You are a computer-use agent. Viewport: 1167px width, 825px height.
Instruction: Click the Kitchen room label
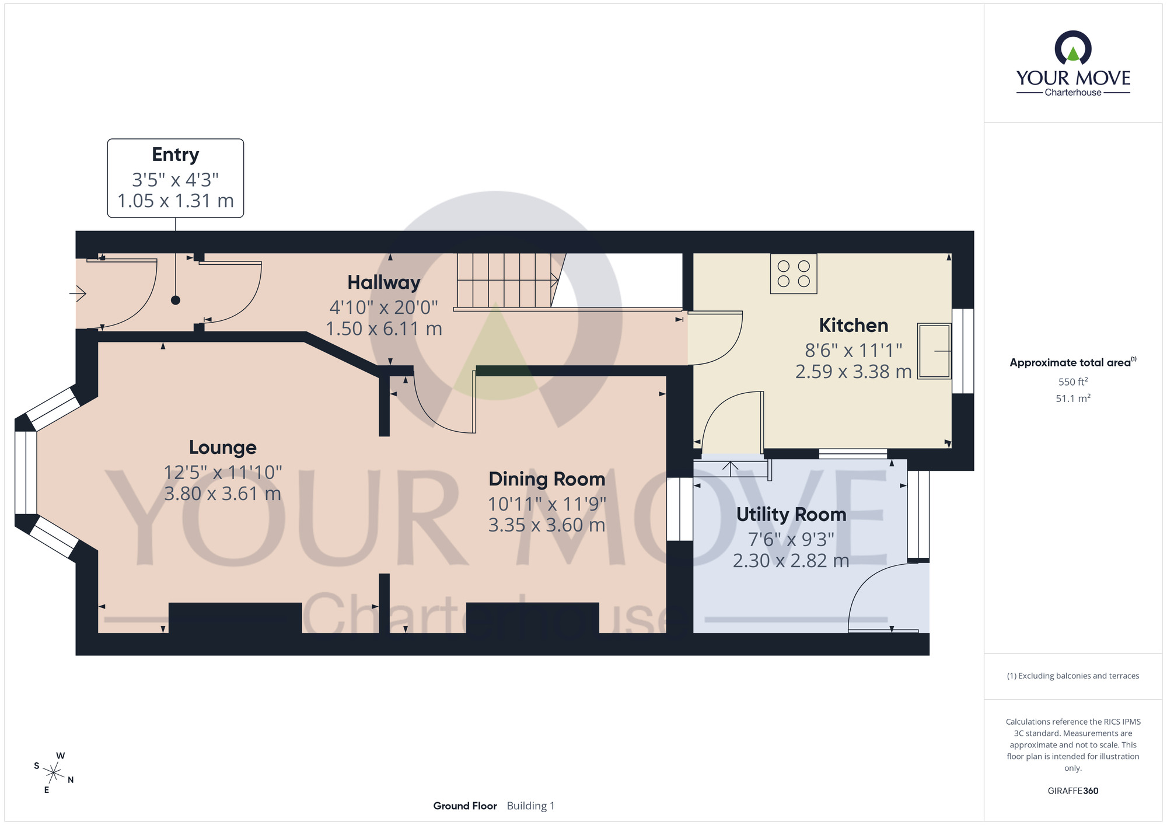(853, 325)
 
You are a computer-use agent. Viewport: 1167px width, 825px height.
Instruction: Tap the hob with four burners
(794, 274)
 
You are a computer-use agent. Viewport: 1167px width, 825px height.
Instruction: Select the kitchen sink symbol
(934, 351)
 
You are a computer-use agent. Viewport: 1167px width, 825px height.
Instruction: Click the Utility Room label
(791, 515)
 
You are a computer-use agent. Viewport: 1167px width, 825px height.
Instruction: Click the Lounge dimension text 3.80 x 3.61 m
(222, 494)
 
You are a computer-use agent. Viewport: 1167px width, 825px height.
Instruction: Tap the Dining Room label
(547, 479)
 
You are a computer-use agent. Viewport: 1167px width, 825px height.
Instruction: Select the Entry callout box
(175, 178)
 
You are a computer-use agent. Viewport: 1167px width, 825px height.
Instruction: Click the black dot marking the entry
(176, 300)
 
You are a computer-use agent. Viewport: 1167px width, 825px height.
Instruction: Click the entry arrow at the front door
(78, 293)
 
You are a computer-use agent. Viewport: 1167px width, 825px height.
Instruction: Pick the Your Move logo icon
(1072, 48)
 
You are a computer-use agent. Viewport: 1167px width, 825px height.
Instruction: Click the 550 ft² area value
(1072, 382)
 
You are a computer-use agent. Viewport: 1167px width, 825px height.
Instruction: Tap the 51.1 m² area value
(1072, 398)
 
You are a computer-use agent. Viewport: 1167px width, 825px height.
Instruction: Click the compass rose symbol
(54, 774)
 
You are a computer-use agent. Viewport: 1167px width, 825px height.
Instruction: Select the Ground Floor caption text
(464, 806)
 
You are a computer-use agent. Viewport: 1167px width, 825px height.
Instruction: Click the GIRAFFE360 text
(1072, 791)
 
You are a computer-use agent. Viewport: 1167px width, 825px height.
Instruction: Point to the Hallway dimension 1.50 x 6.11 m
(383, 329)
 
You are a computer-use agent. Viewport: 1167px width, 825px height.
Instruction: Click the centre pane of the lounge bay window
(26, 473)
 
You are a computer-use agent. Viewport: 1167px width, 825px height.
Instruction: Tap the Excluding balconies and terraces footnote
(1072, 676)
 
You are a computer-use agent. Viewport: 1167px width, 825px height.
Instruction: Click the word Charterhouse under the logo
(1072, 93)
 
